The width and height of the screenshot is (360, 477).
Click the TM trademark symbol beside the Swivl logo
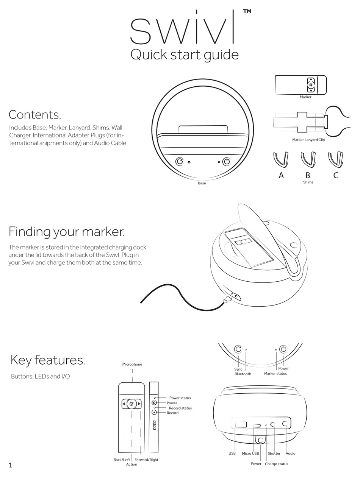pyautogui.click(x=247, y=11)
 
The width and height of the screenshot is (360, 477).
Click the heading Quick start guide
pyautogui.click(x=185, y=55)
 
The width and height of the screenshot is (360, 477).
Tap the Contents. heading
pyautogui.click(x=35, y=115)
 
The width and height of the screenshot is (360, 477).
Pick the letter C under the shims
pyautogui.click(x=336, y=175)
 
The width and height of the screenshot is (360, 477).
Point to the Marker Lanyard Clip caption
pyautogui.click(x=308, y=140)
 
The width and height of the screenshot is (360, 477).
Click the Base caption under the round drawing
pyautogui.click(x=202, y=183)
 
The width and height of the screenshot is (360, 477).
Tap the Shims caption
pyautogui.click(x=308, y=182)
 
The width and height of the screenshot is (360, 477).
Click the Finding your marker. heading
pyautogui.click(x=67, y=232)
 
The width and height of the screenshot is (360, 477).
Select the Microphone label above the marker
pyautogui.click(x=132, y=364)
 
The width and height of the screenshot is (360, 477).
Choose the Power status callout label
pyautogui.click(x=180, y=398)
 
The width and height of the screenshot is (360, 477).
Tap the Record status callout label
pyautogui.click(x=180, y=408)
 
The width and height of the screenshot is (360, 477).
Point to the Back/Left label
pyautogui.click(x=122, y=460)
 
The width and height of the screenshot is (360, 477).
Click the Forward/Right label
pyautogui.click(x=146, y=460)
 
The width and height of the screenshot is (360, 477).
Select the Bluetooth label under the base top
pyautogui.click(x=243, y=374)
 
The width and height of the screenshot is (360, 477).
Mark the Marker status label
pyautogui.click(x=275, y=373)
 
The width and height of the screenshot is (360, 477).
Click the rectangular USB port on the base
pyautogui.click(x=241, y=424)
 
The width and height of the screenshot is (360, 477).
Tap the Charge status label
pyautogui.click(x=276, y=464)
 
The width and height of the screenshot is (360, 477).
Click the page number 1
pyautogui.click(x=11, y=465)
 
